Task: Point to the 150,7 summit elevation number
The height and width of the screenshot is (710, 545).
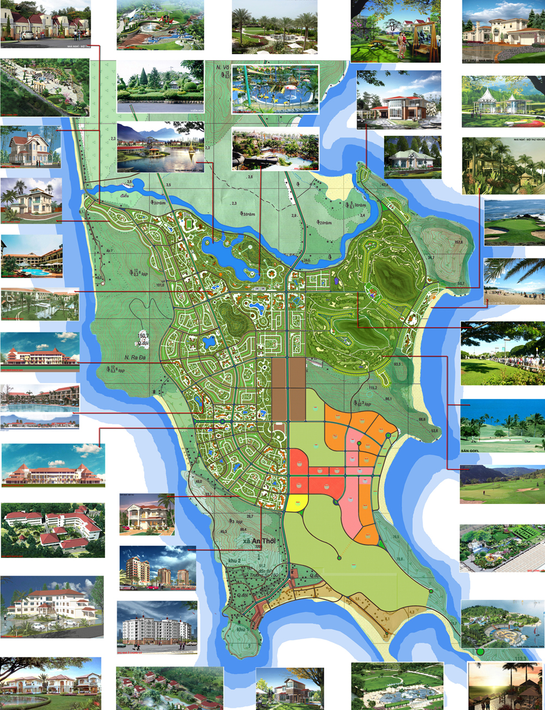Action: coord(143,336)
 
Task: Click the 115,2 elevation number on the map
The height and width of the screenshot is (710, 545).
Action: coord(373,388)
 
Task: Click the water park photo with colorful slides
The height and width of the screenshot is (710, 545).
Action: coord(275,89)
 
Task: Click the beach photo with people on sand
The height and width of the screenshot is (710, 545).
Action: coord(514,281)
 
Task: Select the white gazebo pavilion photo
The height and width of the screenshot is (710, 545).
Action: coord(502,101)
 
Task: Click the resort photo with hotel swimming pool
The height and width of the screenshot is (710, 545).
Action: coord(32,257)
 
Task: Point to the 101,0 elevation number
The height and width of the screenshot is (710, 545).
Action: coord(160,284)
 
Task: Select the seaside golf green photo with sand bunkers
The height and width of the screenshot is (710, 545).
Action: coord(514,222)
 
